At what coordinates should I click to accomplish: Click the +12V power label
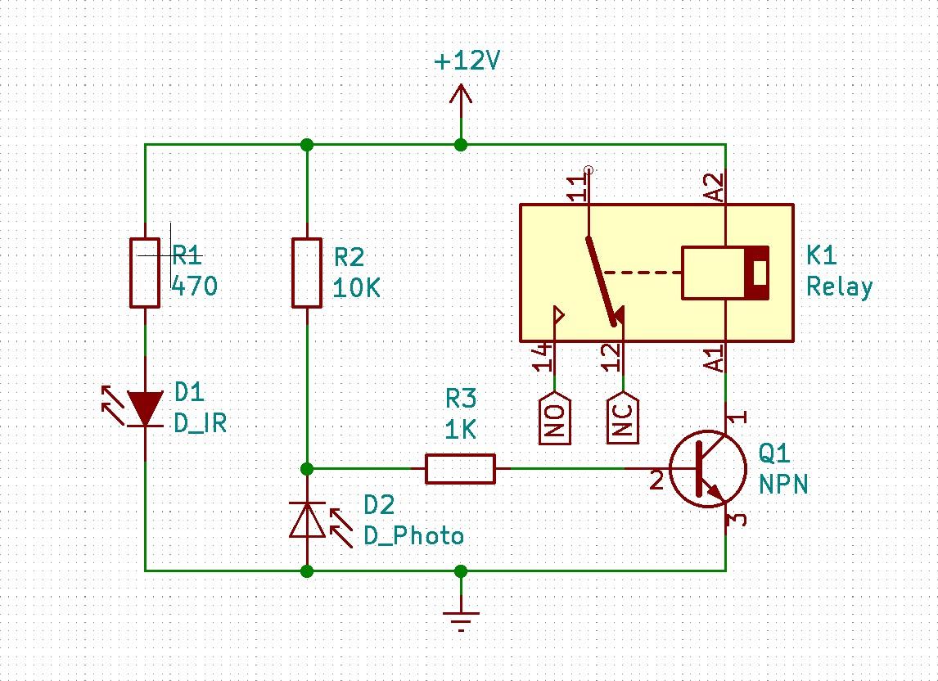click(467, 61)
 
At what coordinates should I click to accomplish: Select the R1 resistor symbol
click(145, 273)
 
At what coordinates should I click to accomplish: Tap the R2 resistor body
click(307, 273)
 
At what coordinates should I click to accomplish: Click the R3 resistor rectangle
click(460, 469)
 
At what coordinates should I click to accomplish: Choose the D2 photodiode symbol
click(307, 520)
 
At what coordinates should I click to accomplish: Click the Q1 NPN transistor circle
click(708, 469)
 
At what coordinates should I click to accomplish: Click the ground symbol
click(461, 614)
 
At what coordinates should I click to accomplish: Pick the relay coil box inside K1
click(725, 273)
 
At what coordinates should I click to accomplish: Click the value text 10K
click(356, 288)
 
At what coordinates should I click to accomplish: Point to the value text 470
click(195, 286)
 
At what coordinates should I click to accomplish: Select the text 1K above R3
click(460, 430)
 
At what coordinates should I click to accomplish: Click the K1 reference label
click(822, 256)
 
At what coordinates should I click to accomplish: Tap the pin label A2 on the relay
click(715, 187)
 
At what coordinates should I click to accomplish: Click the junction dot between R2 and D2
click(307, 469)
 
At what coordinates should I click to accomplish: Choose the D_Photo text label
click(413, 536)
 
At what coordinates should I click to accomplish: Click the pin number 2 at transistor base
click(656, 480)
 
